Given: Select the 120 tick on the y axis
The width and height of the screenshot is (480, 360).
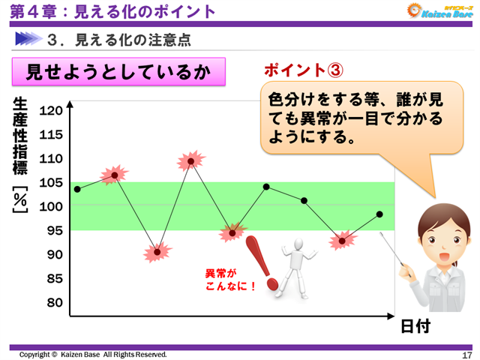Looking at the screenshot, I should click(x=51, y=111).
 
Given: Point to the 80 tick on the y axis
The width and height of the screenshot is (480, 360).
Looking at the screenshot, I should click(x=51, y=302).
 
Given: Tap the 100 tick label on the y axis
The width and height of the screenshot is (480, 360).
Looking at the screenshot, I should click(x=51, y=206).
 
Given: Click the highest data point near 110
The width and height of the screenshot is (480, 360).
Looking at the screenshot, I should click(x=191, y=161).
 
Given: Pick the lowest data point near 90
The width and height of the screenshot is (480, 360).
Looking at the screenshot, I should click(x=157, y=252).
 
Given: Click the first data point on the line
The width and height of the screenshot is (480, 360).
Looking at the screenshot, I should click(x=77, y=189).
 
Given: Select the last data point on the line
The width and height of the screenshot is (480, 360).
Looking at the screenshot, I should click(x=379, y=214).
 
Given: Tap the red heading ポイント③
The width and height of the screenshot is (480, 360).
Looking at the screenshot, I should click(x=304, y=70).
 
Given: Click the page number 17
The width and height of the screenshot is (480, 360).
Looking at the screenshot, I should click(x=466, y=355).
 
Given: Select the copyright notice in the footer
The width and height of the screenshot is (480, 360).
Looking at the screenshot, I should click(x=93, y=355).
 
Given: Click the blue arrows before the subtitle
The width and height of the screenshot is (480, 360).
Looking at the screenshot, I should click(x=28, y=37).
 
